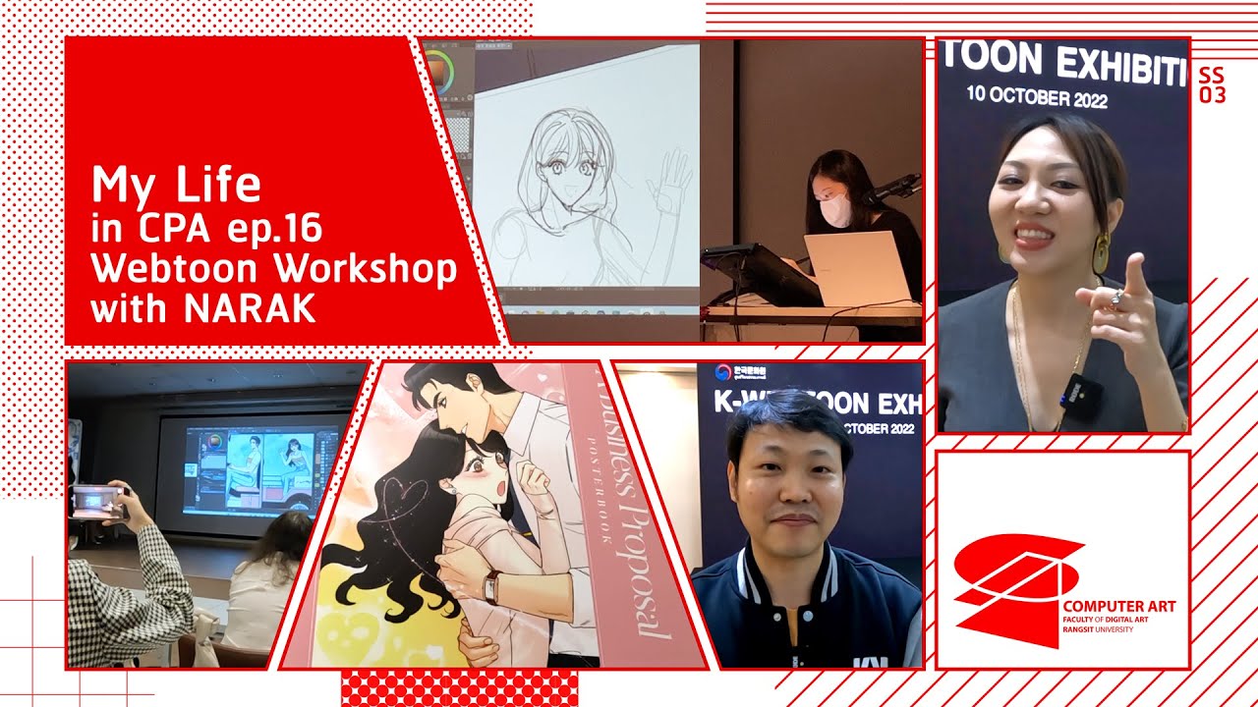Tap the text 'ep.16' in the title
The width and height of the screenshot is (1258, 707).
pyautogui.click(x=279, y=229)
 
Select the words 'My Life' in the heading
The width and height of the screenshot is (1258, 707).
pyautogui.click(x=176, y=185)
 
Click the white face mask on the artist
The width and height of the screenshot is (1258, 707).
pyautogui.click(x=836, y=209)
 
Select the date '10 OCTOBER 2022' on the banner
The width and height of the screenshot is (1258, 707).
pyautogui.click(x=1036, y=96)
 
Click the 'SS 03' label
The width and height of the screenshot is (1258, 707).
pyautogui.click(x=1213, y=85)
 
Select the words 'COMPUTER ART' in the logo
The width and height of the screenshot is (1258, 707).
pyautogui.click(x=1118, y=607)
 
